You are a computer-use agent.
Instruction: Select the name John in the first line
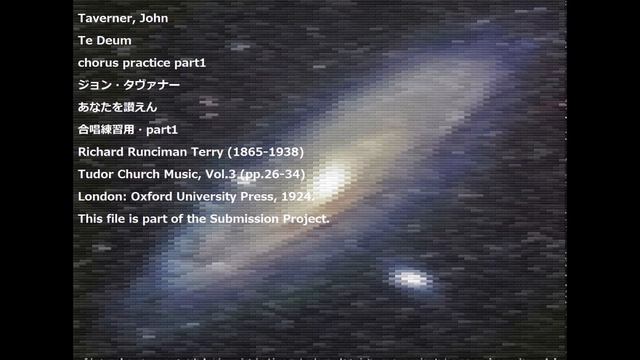tap(160, 18)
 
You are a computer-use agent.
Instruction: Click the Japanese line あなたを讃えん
tap(117, 107)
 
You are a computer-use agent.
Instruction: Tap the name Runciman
tap(173, 151)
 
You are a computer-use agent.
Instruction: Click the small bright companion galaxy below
tap(409, 276)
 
